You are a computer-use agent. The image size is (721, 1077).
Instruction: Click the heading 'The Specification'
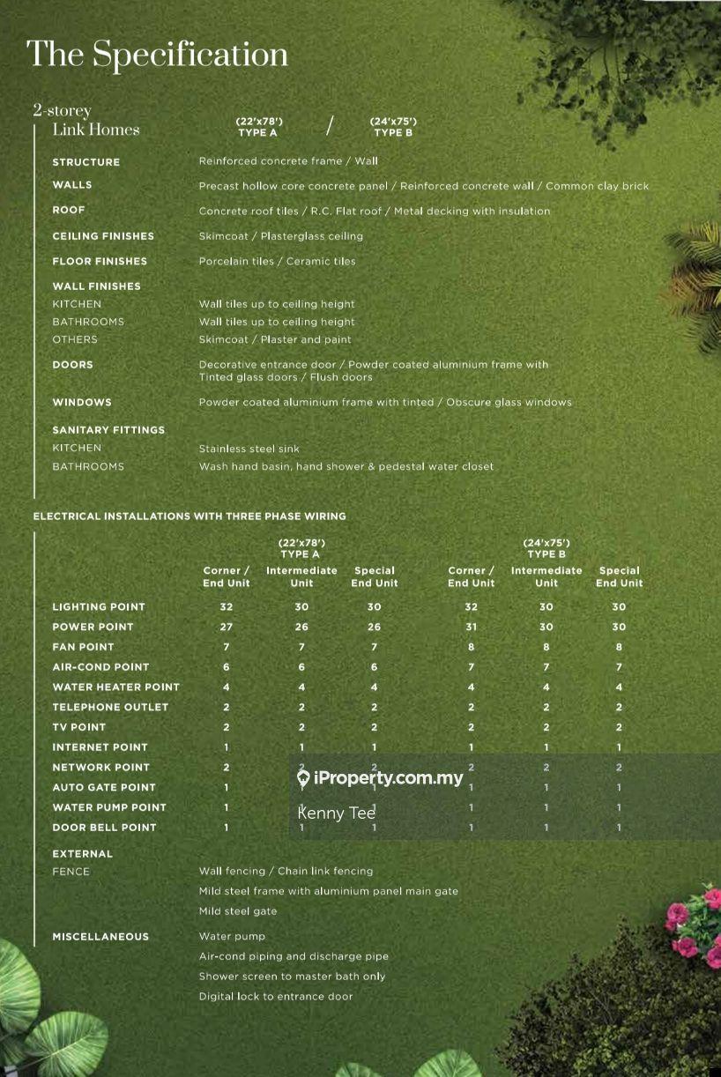tap(158, 55)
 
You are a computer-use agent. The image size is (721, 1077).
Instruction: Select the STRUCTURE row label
tap(85, 162)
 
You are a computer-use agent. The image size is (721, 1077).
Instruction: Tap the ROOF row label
tap(69, 211)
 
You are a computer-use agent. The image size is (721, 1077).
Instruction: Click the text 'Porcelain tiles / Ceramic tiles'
tap(277, 262)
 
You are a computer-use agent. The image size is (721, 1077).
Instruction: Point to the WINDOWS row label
tap(82, 403)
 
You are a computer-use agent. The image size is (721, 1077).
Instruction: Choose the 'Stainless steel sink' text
tap(249, 449)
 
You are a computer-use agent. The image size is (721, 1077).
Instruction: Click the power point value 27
tap(227, 627)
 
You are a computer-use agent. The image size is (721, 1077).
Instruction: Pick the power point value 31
tap(471, 627)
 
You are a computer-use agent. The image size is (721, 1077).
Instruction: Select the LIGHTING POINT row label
tap(99, 607)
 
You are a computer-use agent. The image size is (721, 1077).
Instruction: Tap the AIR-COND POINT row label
tap(100, 667)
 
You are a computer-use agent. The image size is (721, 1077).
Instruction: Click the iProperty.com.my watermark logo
tap(380, 777)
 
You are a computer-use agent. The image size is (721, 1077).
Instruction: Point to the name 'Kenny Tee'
tap(336, 813)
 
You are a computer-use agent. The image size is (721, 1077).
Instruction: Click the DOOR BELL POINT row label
tap(104, 828)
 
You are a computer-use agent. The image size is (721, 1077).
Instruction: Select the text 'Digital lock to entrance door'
tap(276, 997)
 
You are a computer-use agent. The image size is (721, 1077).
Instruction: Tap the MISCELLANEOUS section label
tap(100, 937)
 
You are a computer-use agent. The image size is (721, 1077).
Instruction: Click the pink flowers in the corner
tap(693, 925)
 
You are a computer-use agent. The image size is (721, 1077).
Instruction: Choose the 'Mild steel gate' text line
tap(238, 911)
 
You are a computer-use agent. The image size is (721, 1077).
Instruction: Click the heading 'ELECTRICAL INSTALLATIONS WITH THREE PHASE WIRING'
tap(190, 516)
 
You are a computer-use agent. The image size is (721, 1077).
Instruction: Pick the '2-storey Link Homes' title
tap(86, 121)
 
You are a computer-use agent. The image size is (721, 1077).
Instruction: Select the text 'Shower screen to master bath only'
tap(292, 977)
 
